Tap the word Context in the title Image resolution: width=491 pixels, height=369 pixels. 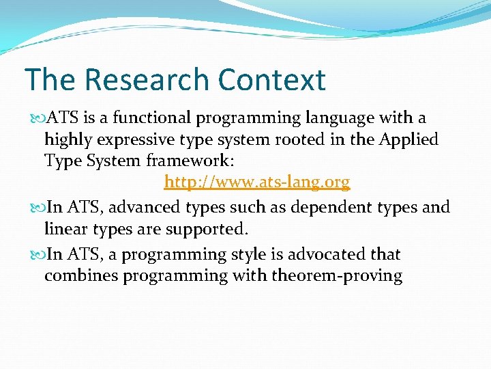[x=272, y=79]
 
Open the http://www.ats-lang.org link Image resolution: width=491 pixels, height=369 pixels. [x=256, y=182]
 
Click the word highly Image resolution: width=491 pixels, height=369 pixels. [x=65, y=140]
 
